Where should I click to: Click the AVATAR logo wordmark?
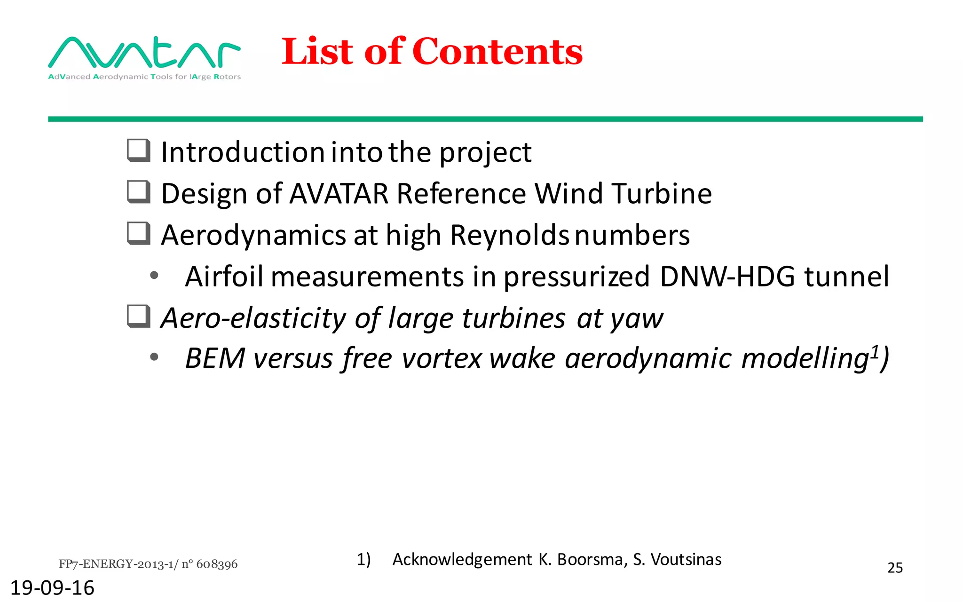(144, 53)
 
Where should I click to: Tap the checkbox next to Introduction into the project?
(139, 150)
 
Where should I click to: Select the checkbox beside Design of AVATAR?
(139, 192)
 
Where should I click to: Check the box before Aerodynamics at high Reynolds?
(139, 233)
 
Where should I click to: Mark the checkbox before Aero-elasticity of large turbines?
(139, 316)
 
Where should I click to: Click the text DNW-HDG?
(727, 276)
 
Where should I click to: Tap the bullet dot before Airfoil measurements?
(154, 276)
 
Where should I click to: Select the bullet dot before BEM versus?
(154, 358)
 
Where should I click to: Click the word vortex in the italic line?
(442, 358)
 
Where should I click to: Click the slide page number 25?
(895, 568)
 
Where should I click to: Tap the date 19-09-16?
(52, 588)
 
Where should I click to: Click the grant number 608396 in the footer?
(217, 564)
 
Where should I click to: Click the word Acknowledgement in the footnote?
(462, 559)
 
